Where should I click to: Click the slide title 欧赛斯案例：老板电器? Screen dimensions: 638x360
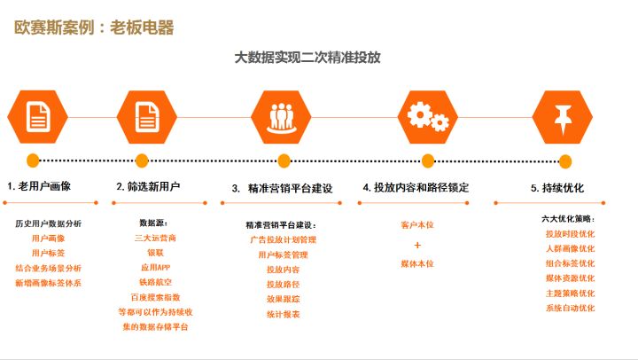click(94, 27)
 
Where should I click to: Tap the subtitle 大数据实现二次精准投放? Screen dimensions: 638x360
click(307, 58)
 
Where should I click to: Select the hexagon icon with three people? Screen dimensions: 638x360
click(281, 117)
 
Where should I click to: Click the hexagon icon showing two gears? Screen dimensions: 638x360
click(428, 117)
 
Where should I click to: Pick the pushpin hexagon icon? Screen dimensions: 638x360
click(563, 117)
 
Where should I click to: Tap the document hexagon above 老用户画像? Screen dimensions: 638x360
click(38, 117)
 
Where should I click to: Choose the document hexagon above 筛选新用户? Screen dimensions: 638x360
click(147, 117)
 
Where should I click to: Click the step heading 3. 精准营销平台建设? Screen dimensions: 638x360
click(283, 189)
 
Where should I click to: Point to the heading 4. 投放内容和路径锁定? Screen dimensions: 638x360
click(416, 188)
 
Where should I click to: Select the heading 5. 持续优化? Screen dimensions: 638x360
click(557, 188)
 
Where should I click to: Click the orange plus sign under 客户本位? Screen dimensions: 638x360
click(417, 245)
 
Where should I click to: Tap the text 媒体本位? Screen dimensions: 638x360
click(417, 264)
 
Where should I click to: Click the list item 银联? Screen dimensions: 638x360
click(155, 253)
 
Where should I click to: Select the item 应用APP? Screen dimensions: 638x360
click(155, 268)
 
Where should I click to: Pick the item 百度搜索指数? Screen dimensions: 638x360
click(155, 297)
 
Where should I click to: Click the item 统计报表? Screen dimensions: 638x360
click(284, 315)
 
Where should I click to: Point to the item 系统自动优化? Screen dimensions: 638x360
click(570, 308)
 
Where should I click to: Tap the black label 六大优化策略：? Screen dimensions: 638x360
click(568, 219)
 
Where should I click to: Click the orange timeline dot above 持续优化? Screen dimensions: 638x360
click(565, 161)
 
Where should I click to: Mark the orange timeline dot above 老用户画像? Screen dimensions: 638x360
click(33, 160)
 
